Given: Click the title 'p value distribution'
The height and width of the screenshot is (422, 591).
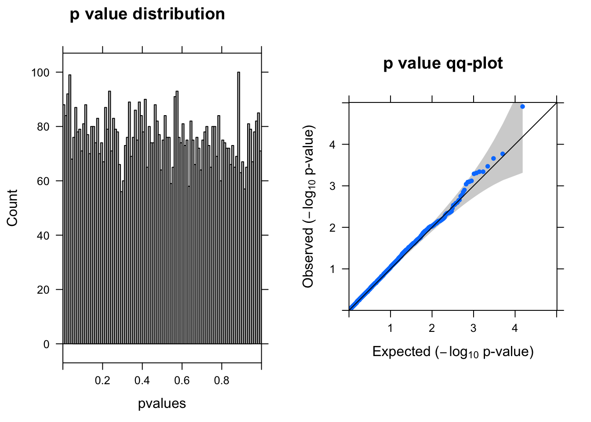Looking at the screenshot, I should coord(147,15).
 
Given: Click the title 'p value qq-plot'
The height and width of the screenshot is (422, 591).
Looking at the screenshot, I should coord(443,64).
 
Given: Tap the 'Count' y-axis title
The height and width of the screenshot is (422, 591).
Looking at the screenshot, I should coord(12,208).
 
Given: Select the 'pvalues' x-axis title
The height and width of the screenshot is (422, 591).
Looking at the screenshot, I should coord(162,404).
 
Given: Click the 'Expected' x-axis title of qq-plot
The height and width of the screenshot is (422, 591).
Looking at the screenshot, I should coord(453,352).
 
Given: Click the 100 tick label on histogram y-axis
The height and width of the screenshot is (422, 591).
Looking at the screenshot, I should coord(40,73).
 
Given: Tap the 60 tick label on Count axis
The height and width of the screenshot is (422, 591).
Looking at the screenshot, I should coord(44,181).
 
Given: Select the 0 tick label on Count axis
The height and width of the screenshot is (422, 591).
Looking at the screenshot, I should coord(47,344).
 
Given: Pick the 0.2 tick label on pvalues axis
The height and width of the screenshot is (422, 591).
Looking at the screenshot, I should coord(102,381).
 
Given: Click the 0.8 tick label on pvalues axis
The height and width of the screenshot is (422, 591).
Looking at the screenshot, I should coord(222,381).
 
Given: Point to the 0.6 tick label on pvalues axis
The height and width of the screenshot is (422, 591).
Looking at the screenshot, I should coord(182,381).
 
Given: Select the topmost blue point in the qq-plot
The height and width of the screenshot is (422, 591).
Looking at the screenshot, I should coord(522,106).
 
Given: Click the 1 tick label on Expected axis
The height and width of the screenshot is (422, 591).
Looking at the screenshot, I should coord(390,328).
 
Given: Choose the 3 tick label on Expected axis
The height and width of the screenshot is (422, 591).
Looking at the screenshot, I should coord(473,328).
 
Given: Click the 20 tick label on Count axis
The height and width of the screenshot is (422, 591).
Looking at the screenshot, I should coord(44,290).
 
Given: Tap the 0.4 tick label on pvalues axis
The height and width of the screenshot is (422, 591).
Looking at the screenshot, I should coord(142,381).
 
